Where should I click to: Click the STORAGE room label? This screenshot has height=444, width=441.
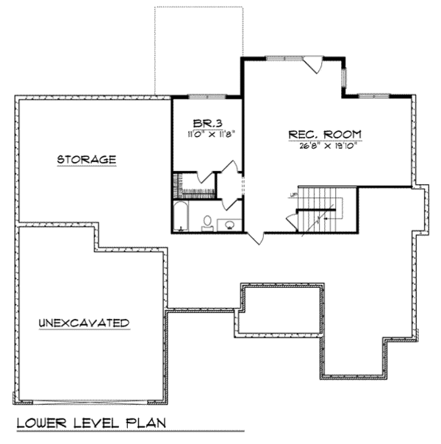point(87,160)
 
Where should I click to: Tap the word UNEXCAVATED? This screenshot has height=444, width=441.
point(85,323)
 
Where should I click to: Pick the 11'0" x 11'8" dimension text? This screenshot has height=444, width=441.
point(207,135)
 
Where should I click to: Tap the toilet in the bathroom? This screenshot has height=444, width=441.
point(208,222)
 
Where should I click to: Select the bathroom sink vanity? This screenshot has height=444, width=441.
point(231,223)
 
